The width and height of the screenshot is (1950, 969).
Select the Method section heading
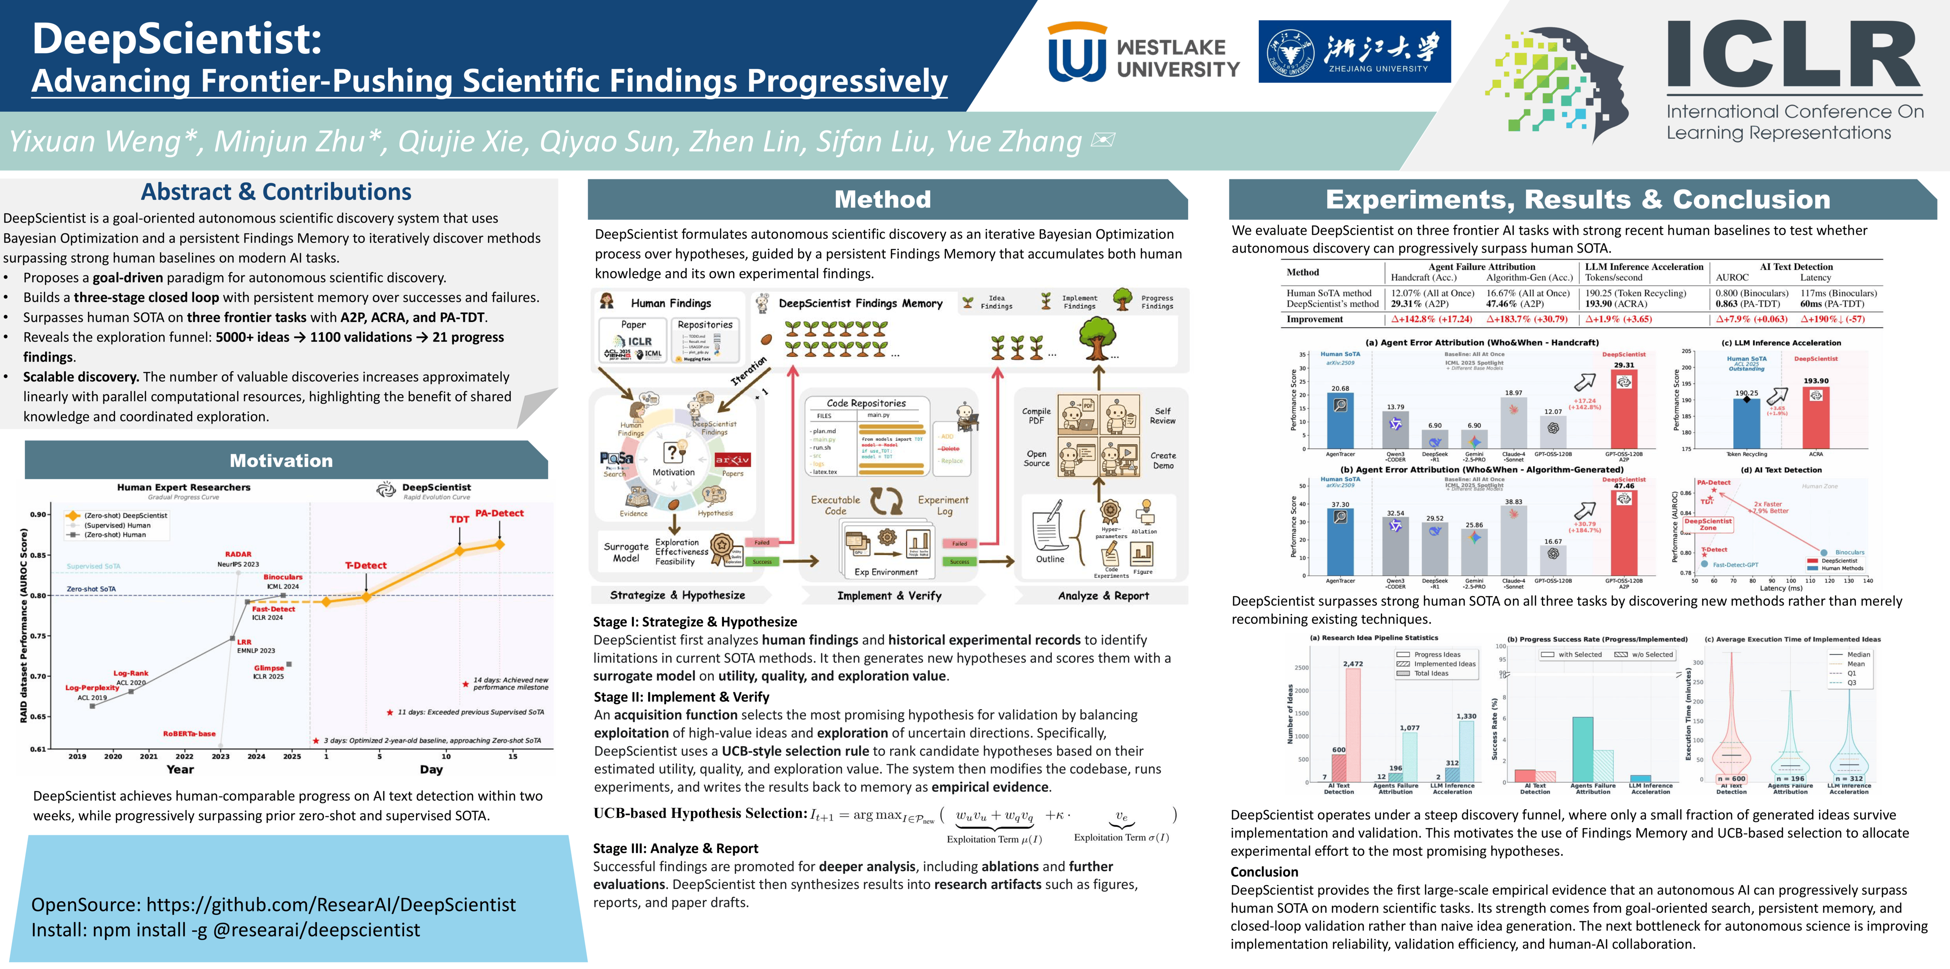click(x=883, y=199)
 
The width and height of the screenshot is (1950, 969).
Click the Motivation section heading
click(x=281, y=461)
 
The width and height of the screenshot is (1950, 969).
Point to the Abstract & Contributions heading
click(x=276, y=192)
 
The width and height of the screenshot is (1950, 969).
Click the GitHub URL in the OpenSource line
click(x=331, y=905)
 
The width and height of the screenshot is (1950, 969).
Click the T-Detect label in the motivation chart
click(x=366, y=565)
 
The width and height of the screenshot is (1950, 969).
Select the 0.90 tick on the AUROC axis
click(x=38, y=514)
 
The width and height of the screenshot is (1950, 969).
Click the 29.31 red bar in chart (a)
click(x=1624, y=409)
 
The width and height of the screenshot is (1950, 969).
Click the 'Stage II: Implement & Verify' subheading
click(x=681, y=697)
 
